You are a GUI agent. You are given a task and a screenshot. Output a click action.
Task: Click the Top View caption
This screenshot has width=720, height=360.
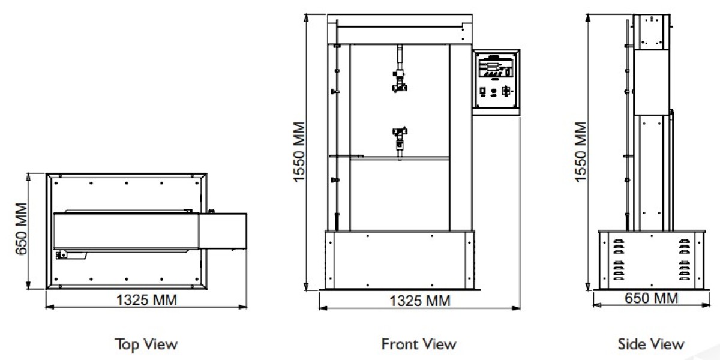click(146, 344)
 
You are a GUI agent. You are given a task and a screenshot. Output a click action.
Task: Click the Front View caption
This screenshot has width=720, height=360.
click(419, 344)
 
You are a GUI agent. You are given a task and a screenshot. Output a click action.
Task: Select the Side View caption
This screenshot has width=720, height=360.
click(651, 344)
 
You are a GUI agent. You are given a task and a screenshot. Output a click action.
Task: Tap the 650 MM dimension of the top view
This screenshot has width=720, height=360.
click(21, 229)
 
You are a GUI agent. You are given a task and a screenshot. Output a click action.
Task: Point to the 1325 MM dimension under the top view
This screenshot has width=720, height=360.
click(146, 300)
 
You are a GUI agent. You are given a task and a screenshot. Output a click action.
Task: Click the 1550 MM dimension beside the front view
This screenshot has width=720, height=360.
click(299, 152)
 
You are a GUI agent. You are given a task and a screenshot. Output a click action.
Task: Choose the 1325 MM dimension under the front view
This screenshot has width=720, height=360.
click(420, 301)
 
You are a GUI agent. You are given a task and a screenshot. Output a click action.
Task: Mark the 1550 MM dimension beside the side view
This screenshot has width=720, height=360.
click(581, 152)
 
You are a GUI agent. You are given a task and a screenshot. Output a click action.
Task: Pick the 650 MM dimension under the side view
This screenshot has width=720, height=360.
click(651, 298)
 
